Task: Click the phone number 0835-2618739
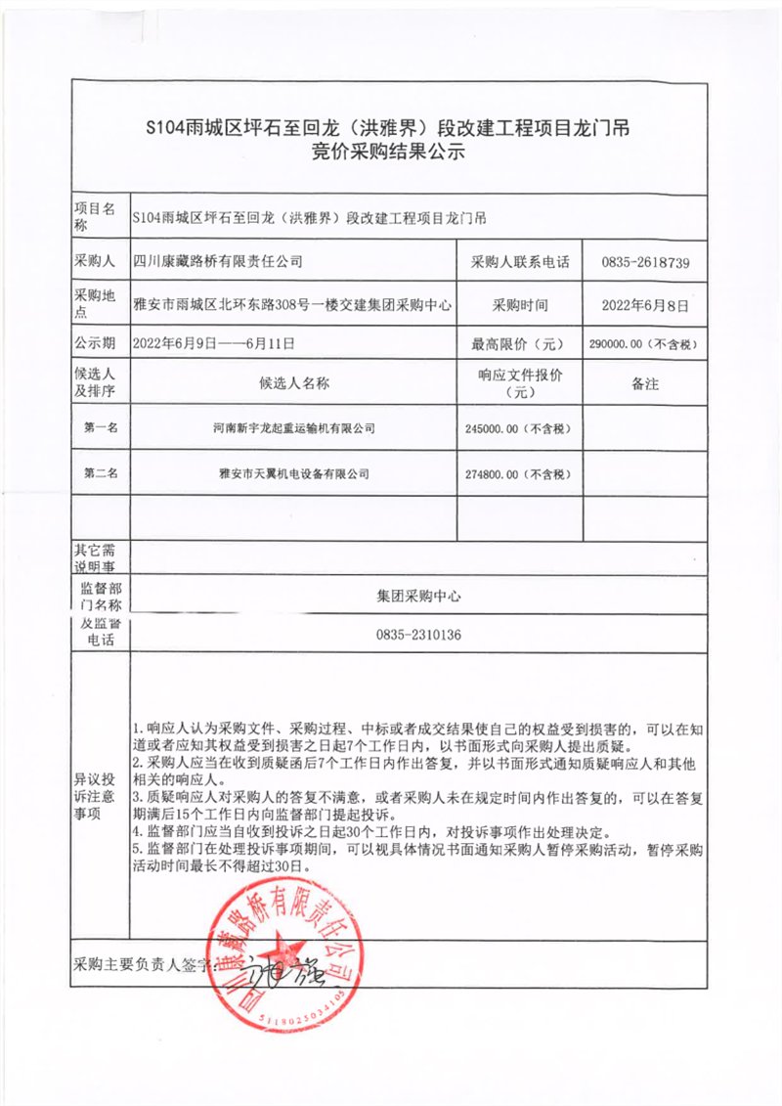[646, 262]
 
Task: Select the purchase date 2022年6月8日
[645, 305]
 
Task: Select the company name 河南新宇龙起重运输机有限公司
[294, 428]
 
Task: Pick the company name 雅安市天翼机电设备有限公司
[294, 473]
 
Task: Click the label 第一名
[101, 427]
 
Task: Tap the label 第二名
[101, 473]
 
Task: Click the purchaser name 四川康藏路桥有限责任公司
[217, 262]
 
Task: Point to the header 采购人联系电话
[519, 262]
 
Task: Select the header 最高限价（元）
[519, 344]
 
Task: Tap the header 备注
[645, 383]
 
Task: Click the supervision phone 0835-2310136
[417, 635]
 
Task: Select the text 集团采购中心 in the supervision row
[417, 595]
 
